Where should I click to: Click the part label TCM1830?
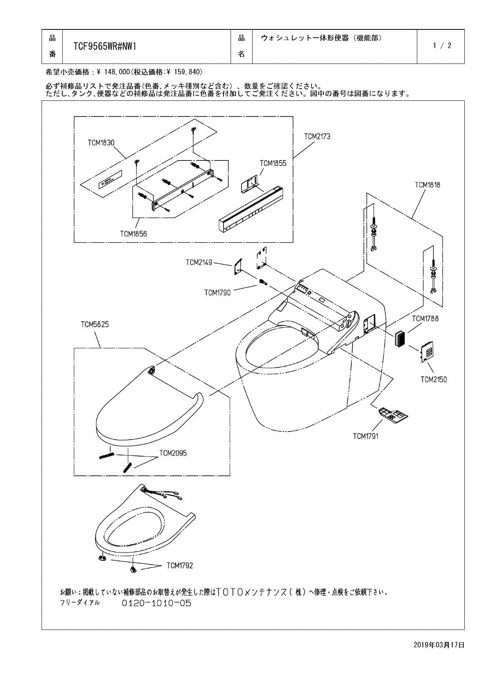click(x=101, y=143)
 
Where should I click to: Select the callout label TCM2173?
click(x=317, y=137)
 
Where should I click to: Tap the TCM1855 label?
click(x=273, y=164)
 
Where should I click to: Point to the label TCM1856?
click(x=133, y=234)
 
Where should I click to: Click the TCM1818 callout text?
click(x=427, y=185)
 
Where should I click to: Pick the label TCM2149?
click(x=199, y=262)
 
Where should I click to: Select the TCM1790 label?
click(x=217, y=293)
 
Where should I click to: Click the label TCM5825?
click(x=95, y=324)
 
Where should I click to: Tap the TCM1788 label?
click(x=425, y=319)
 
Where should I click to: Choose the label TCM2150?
click(x=433, y=379)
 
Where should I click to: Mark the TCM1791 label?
click(x=366, y=436)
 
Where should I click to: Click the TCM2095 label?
click(x=173, y=453)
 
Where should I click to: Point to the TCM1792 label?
click(x=180, y=566)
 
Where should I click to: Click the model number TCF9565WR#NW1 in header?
click(x=105, y=47)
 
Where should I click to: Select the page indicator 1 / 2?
click(x=442, y=46)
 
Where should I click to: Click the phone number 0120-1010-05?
click(x=156, y=603)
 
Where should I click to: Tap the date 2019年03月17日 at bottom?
click(x=438, y=645)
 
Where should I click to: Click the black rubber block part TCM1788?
click(x=401, y=338)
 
